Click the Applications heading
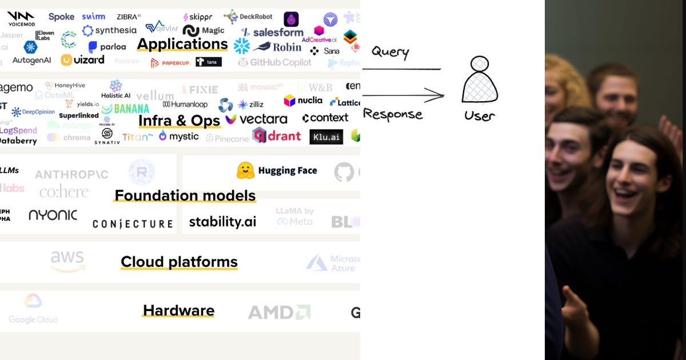182,44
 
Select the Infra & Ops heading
179,121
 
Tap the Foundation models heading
185,195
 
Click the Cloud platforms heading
179,262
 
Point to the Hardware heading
178,310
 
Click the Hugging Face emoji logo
245,170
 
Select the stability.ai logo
222,222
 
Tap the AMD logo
279,312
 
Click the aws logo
67,261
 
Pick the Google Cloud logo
33,309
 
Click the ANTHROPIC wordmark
71,174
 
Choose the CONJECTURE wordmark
133,223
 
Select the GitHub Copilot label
275,62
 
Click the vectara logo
256,119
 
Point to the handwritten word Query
390,53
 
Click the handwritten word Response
393,114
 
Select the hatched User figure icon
480,80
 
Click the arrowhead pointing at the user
439,95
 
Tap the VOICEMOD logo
21,18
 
